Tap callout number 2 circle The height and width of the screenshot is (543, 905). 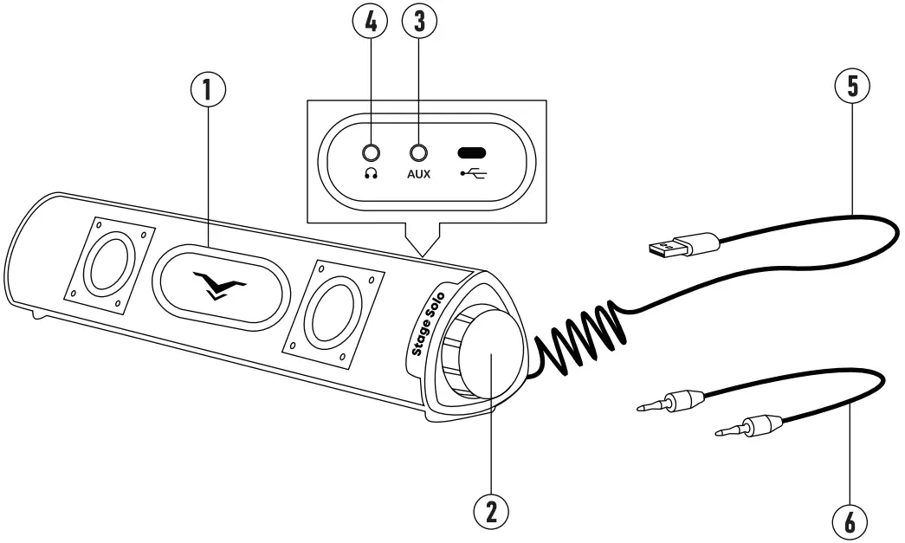pyautogui.click(x=490, y=512)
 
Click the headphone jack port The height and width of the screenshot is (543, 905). pyautogui.click(x=372, y=152)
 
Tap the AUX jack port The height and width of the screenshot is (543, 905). pyautogui.click(x=420, y=152)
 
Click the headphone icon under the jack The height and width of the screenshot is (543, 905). pyautogui.click(x=372, y=172)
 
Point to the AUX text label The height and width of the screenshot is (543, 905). pyautogui.click(x=420, y=172)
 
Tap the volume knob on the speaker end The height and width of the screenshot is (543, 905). pyautogui.click(x=490, y=358)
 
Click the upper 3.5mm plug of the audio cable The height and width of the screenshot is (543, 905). pyautogui.click(x=672, y=400)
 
